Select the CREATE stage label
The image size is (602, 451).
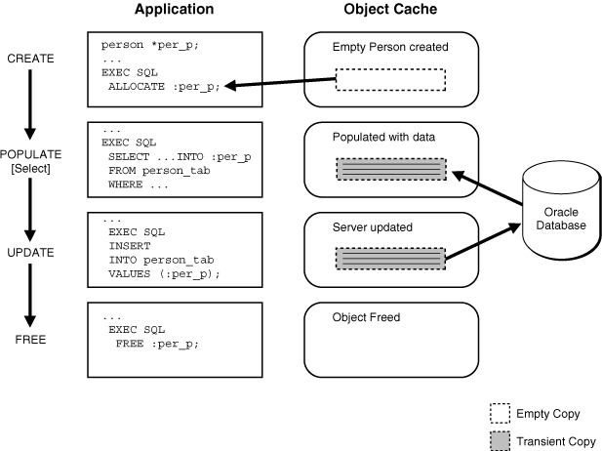tap(29, 59)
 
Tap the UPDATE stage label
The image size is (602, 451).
tap(29, 251)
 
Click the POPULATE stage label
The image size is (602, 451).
tap(30, 153)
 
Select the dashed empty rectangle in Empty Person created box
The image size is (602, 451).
tap(390, 79)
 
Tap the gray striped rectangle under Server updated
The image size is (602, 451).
tap(390, 259)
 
